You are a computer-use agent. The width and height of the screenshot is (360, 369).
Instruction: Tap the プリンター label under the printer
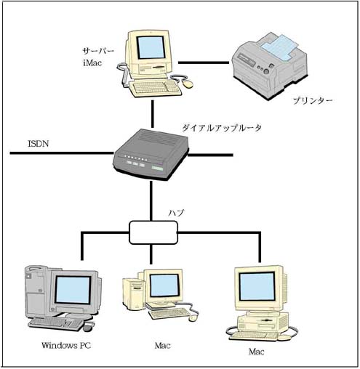(308, 101)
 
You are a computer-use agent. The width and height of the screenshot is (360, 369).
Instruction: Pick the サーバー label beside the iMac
(96, 52)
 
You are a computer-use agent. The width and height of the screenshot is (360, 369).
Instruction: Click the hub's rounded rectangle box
(153, 232)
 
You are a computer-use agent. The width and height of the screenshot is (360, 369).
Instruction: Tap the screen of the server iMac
(151, 48)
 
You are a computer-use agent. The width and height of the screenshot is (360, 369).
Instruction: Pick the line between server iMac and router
(153, 113)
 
